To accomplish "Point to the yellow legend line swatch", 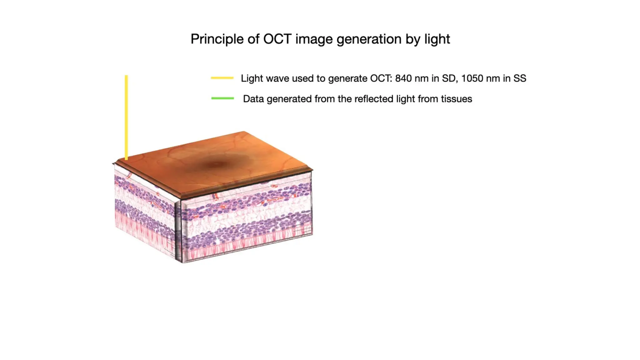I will point(222,78).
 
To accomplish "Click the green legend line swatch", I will point(222,98).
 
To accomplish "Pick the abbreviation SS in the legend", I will point(520,78).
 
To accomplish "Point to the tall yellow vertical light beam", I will point(126,117).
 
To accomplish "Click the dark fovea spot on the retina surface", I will point(217,164).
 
